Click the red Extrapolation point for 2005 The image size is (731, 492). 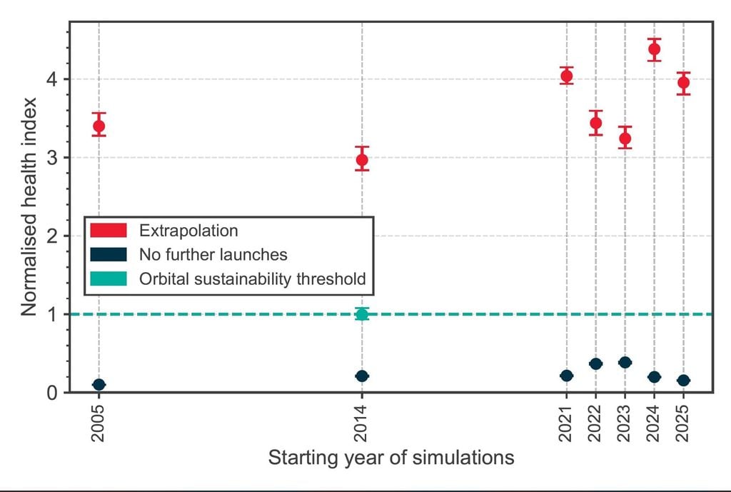pyautogui.click(x=99, y=126)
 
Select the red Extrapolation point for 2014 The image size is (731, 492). pyautogui.click(x=362, y=159)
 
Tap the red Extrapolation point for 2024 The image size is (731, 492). pyautogui.click(x=654, y=49)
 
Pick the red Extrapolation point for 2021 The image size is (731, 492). pyautogui.click(x=567, y=76)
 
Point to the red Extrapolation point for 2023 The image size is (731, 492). pyautogui.click(x=625, y=139)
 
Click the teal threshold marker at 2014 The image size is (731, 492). pyautogui.click(x=362, y=314)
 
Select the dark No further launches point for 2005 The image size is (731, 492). pyautogui.click(x=99, y=385)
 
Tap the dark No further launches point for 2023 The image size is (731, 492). pyautogui.click(x=625, y=363)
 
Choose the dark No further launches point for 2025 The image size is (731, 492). pyautogui.click(x=683, y=381)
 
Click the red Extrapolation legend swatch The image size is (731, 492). pyautogui.click(x=109, y=231)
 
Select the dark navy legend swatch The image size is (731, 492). pyautogui.click(x=109, y=254)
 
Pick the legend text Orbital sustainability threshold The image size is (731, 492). pyautogui.click(x=253, y=278)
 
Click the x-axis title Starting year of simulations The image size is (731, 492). pyautogui.click(x=390, y=458)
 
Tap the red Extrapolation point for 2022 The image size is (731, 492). pyautogui.click(x=596, y=123)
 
